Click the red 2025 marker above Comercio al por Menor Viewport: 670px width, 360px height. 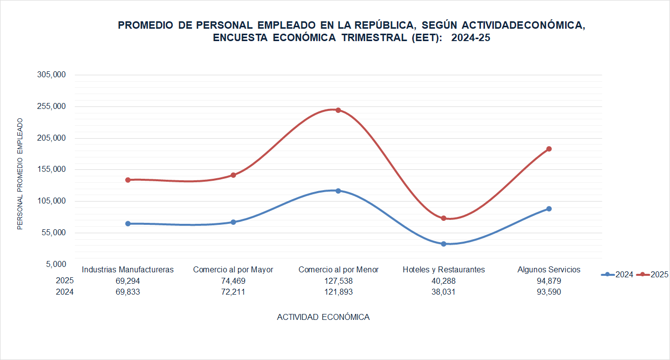tap(338, 110)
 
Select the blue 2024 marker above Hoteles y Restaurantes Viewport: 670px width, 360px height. tap(443, 244)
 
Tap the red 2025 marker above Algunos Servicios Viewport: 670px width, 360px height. tap(549, 149)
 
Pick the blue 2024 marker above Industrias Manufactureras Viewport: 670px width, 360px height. tap(128, 223)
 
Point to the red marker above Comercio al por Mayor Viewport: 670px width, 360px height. tap(233, 175)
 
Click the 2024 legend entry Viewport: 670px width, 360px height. tap(617, 274)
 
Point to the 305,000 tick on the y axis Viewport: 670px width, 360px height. tap(51, 75)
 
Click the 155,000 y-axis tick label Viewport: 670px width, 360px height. tap(51, 169)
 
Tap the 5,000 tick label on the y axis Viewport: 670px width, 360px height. tap(55, 264)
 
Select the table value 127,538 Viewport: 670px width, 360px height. tap(338, 281)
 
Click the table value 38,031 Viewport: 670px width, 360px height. tap(443, 292)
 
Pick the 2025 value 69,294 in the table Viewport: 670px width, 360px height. tap(128, 281)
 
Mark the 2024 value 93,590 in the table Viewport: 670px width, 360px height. tap(549, 292)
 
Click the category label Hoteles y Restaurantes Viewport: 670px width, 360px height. tap(443, 269)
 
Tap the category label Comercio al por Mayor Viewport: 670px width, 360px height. tap(233, 269)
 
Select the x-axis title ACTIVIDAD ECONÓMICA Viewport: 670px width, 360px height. tap(323, 317)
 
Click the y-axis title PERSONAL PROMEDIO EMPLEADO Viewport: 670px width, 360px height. tap(20, 174)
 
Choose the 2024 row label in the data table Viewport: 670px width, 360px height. tap(65, 292)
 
